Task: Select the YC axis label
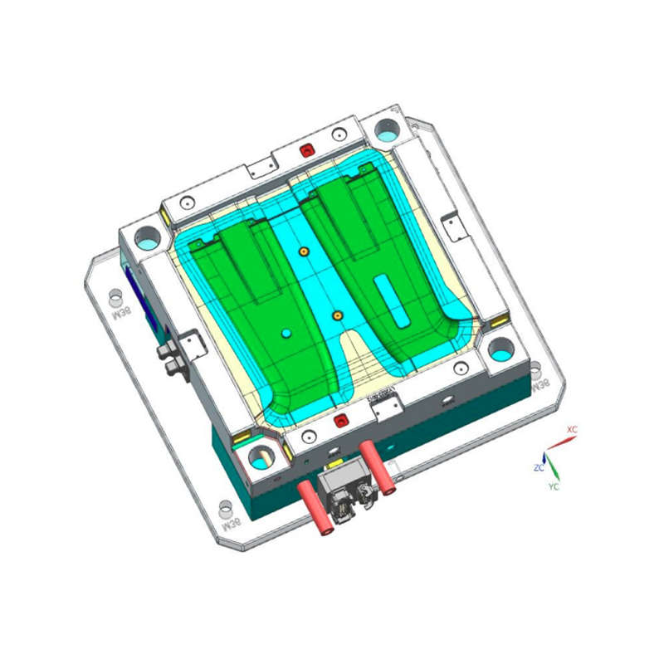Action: [x=554, y=486]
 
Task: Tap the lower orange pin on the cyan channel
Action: [x=337, y=315]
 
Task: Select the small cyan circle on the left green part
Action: [x=286, y=333]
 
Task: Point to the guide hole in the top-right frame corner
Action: [x=387, y=129]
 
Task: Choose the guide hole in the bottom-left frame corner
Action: [x=261, y=456]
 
